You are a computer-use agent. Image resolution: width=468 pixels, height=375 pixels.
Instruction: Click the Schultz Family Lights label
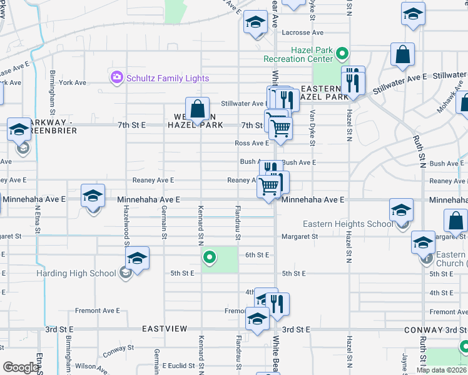pyautogui.click(x=168, y=78)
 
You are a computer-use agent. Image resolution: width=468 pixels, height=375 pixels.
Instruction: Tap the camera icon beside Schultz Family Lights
pyautogui.click(x=116, y=77)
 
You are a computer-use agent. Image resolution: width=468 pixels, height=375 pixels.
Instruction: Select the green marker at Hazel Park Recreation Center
pyautogui.click(x=342, y=53)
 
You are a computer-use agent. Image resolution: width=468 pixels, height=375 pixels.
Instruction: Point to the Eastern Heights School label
pyautogui.click(x=348, y=224)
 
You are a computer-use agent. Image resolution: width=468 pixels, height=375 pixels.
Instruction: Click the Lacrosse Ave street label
pyautogui.click(x=302, y=32)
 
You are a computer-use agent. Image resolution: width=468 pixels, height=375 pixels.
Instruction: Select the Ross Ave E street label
pyautogui.click(x=252, y=143)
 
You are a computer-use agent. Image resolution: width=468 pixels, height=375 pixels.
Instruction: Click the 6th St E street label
pyautogui.click(x=257, y=255)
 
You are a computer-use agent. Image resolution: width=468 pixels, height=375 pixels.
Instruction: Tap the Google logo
pyautogui.click(x=21, y=367)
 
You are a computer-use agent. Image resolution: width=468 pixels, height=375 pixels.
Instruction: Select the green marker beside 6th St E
pyautogui.click(x=210, y=256)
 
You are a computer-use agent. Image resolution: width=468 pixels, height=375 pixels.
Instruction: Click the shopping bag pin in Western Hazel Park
pyautogui.click(x=198, y=109)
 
